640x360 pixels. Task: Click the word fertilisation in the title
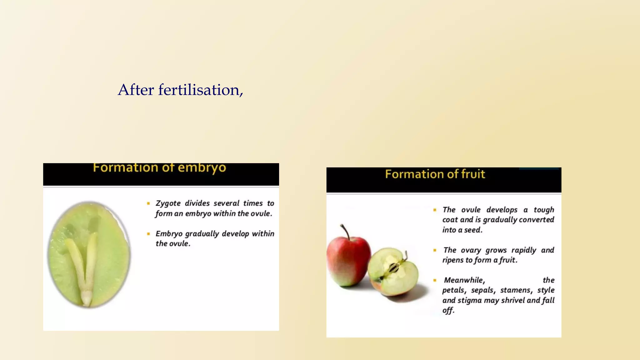click(x=200, y=90)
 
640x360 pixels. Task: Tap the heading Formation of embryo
click(x=159, y=168)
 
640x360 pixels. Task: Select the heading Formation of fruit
click(x=435, y=174)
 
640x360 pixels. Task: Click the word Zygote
click(x=168, y=203)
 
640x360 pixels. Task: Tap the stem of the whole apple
click(x=345, y=231)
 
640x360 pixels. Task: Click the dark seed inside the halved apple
click(x=393, y=267)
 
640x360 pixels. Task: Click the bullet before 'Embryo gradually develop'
click(x=148, y=234)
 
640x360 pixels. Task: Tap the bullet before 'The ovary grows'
click(x=435, y=250)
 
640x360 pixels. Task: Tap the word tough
click(x=544, y=210)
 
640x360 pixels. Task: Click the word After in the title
click(x=136, y=90)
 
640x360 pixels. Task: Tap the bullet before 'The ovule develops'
click(x=435, y=210)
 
